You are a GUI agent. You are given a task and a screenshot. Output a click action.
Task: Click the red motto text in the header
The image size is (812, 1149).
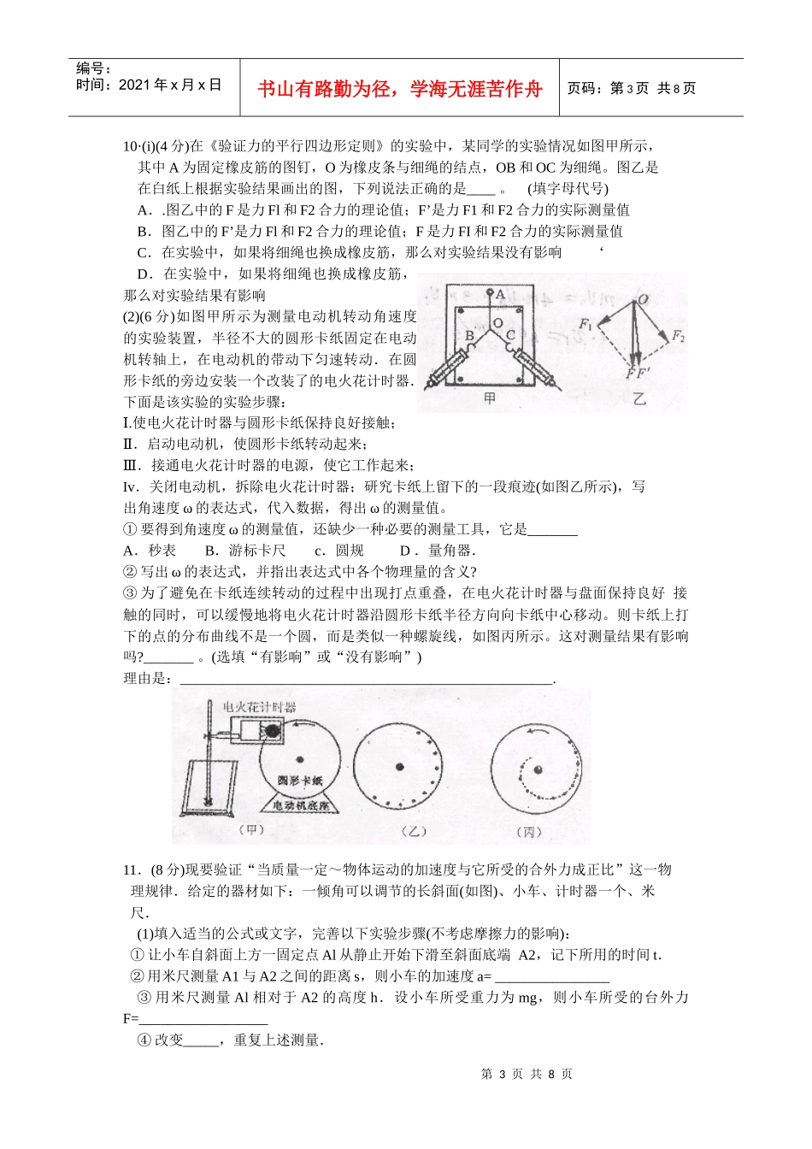(x=400, y=89)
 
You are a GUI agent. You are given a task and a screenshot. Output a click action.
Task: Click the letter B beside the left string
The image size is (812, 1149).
(x=468, y=336)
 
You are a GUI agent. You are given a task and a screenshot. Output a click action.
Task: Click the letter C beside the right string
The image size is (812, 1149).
(x=510, y=334)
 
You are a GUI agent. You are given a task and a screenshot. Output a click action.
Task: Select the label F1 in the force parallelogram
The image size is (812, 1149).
(x=586, y=324)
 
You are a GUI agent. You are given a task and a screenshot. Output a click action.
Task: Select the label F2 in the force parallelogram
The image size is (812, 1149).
(x=677, y=336)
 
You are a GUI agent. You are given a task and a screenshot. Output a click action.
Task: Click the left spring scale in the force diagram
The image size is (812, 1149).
(x=445, y=370)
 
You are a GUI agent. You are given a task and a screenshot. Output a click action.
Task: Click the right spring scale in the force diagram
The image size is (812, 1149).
(x=535, y=370)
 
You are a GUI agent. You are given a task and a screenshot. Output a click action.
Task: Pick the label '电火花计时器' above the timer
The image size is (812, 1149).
(x=259, y=707)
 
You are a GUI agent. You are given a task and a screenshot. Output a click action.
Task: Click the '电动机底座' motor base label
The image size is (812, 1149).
(x=299, y=805)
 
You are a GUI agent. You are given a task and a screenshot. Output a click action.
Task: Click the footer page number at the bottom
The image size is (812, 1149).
(x=527, y=1074)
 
